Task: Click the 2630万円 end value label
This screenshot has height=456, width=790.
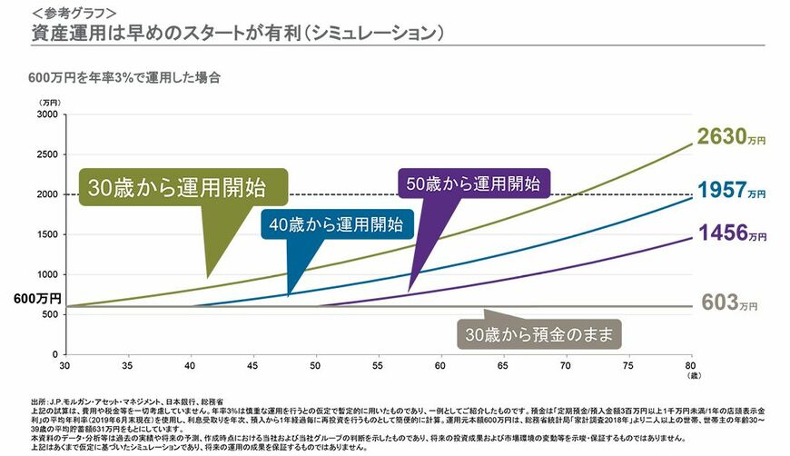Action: (731, 137)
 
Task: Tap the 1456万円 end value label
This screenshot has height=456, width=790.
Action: (731, 233)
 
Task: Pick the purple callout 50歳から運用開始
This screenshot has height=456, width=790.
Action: (472, 183)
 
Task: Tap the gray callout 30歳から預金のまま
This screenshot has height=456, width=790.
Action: (536, 334)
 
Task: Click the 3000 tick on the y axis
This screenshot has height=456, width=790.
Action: (46, 115)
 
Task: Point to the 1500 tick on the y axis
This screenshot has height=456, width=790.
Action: (46, 234)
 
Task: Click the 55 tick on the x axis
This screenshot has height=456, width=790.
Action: (377, 366)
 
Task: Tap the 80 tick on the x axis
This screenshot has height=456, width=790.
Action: (690, 366)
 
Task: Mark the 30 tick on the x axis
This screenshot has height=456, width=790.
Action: (64, 366)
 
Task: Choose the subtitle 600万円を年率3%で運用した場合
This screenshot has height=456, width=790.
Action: (124, 77)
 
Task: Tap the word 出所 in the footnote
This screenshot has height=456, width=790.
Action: (38, 401)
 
